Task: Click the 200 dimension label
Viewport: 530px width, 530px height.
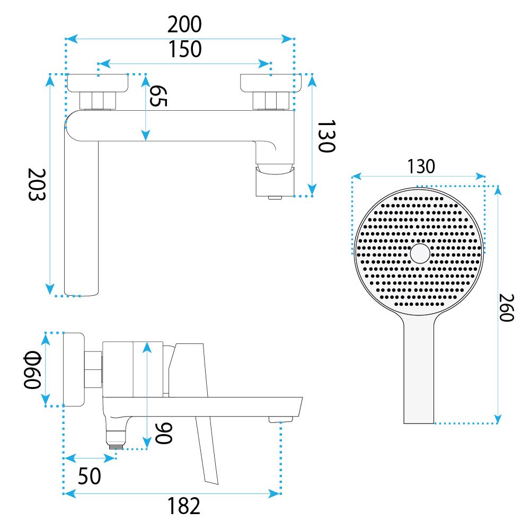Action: pyautogui.click(x=184, y=24)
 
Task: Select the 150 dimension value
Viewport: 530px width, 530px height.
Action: pyautogui.click(x=185, y=49)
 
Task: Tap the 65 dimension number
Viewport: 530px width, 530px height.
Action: pyautogui.click(x=158, y=95)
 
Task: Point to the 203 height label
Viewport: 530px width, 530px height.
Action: pyautogui.click(x=37, y=184)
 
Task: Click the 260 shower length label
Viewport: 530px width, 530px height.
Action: pyautogui.click(x=506, y=307)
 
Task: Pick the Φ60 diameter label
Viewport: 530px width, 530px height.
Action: pyautogui.click(x=32, y=370)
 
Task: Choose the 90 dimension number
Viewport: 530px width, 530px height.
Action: pyautogui.click(x=164, y=433)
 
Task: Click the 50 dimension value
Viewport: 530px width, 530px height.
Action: pyautogui.click(x=89, y=476)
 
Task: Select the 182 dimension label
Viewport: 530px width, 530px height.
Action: pyautogui.click(x=184, y=506)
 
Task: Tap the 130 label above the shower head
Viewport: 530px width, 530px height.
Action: pyautogui.click(x=421, y=166)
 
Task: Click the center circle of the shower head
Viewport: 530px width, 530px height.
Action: pyautogui.click(x=420, y=253)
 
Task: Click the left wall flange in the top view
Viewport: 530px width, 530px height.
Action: pyautogui.click(x=98, y=83)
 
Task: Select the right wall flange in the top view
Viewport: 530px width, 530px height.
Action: pyautogui.click(x=271, y=83)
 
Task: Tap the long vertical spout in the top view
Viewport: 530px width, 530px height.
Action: pyautogui.click(x=82, y=216)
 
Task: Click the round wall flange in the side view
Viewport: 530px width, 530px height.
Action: pyautogui.click(x=74, y=369)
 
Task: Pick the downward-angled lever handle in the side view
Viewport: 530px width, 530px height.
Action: pyautogui.click(x=207, y=449)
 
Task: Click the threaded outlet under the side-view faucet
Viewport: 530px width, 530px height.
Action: pyautogui.click(x=116, y=446)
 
